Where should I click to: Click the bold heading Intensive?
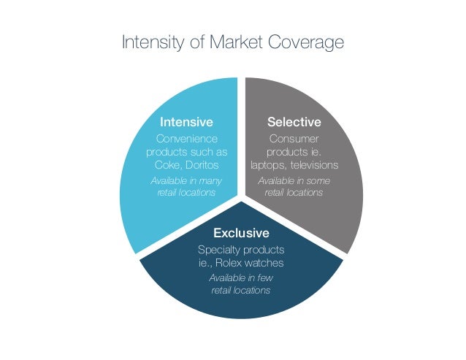(x=186, y=122)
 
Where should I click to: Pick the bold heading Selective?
(x=294, y=122)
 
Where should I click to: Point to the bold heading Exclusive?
(x=240, y=234)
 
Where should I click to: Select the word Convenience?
(x=187, y=139)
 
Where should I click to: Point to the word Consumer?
(x=294, y=139)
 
